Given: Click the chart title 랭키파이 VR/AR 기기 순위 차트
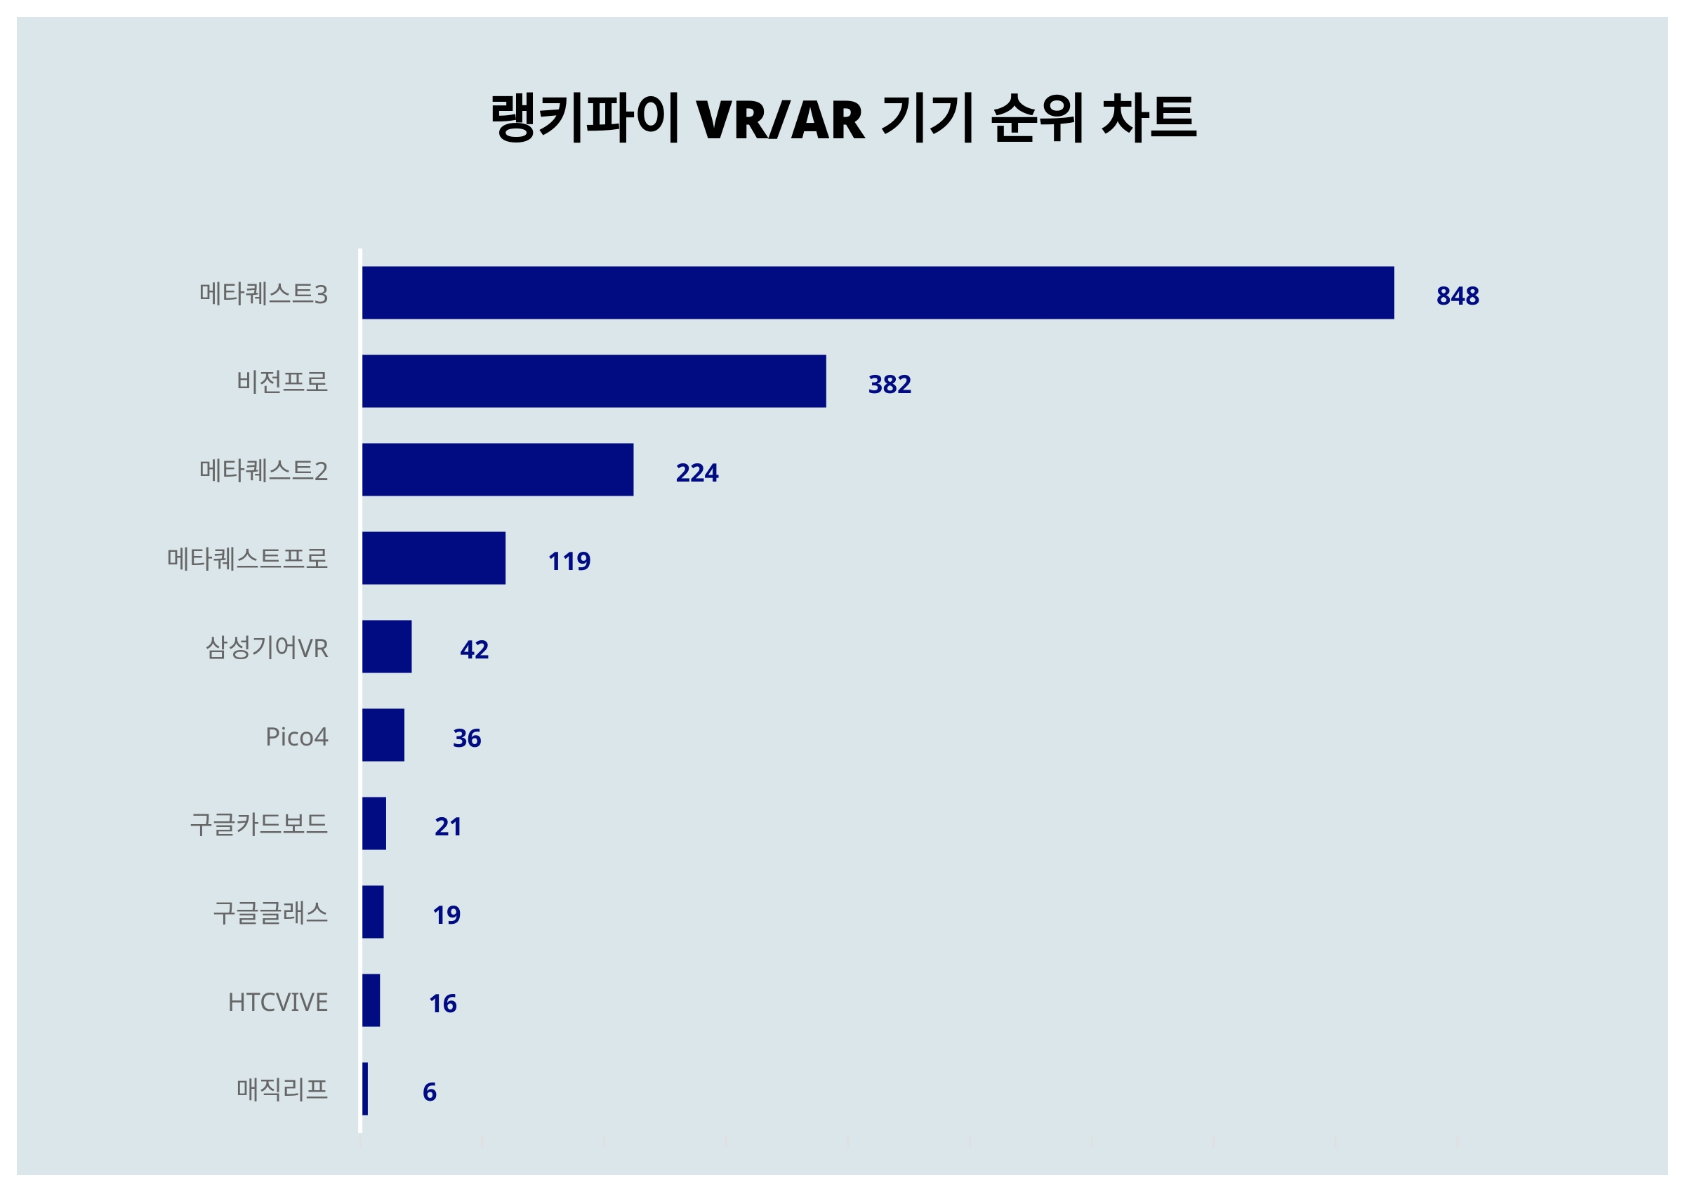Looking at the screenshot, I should tap(843, 117).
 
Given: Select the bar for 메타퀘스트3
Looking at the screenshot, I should tap(878, 293).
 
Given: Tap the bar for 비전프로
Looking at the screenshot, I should tap(594, 381).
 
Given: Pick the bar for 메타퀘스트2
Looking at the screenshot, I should tap(498, 470).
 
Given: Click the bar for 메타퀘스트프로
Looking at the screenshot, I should tap(434, 558).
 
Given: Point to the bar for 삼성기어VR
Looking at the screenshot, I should tap(387, 647).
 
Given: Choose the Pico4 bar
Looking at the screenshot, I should tap(383, 735).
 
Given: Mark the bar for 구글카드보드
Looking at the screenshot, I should tap(374, 823).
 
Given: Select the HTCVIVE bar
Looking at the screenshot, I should tap(371, 1000).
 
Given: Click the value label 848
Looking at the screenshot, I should tap(1458, 296).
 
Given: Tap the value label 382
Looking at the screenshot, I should tap(890, 384).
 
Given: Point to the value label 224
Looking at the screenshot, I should tap(697, 472).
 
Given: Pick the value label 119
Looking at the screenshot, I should tap(569, 561).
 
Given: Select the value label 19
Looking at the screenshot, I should tap(447, 915).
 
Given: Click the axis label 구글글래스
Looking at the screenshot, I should tap(270, 913).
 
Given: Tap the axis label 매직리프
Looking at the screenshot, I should tap(282, 1090).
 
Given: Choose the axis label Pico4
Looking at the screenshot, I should tap(296, 736).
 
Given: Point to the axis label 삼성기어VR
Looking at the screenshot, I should tap(266, 647).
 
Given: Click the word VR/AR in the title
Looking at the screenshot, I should tap(780, 119).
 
